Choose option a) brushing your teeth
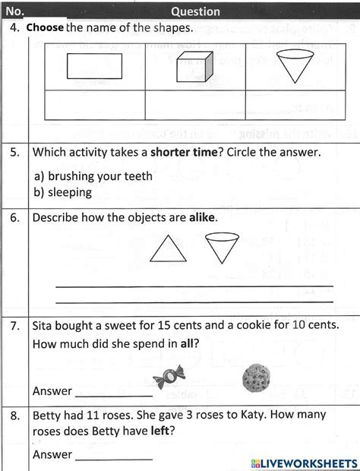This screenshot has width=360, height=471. [x=93, y=175]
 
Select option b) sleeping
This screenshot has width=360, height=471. [x=63, y=191]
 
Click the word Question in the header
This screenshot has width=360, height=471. [x=195, y=11]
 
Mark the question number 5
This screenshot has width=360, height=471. [x=15, y=153]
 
